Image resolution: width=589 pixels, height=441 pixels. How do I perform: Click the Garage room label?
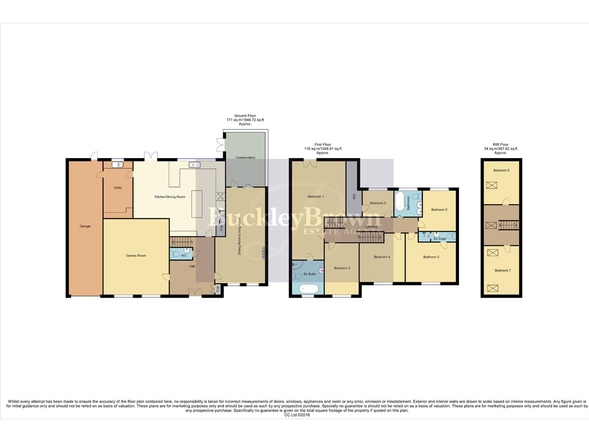85,226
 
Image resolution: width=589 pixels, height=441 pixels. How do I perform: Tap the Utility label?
118,188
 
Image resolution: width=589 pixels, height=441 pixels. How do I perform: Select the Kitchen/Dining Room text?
170,197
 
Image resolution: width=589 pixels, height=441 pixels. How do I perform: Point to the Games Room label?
136,256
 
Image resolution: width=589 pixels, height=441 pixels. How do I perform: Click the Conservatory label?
245,158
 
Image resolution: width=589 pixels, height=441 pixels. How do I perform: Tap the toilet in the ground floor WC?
176,254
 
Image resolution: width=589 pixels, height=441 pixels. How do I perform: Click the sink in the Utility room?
118,165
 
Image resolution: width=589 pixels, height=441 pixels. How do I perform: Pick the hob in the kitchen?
220,196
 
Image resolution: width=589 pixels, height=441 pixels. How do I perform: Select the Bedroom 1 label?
316,196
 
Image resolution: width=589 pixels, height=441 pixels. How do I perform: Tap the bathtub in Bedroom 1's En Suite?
308,289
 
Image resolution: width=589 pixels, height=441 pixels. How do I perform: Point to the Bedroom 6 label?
378,203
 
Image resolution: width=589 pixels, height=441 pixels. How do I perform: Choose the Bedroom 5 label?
439,209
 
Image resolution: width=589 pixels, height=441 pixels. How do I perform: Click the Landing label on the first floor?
371,227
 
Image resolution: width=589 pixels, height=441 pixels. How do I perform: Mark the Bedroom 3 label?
342,268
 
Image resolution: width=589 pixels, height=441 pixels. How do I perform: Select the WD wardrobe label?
354,196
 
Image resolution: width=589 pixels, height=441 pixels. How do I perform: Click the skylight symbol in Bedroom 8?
492,185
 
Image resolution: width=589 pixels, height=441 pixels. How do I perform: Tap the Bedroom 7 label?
502,270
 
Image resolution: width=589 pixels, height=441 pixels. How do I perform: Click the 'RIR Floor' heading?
500,145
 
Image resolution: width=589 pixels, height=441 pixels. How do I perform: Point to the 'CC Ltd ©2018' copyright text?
297,415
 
